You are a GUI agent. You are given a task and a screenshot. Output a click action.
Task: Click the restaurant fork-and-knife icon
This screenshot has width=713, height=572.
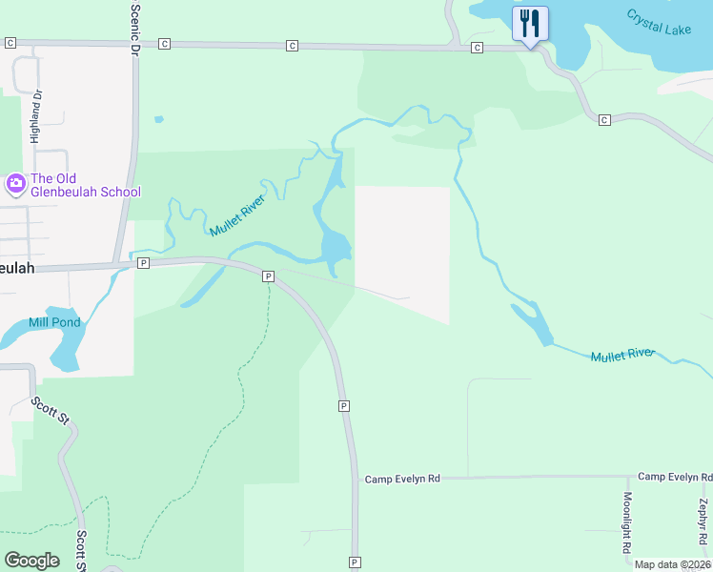point(530,22)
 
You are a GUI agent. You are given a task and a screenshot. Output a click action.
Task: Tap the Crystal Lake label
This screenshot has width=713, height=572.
point(659,22)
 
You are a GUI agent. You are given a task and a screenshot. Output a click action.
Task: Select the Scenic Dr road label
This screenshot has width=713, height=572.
point(134,27)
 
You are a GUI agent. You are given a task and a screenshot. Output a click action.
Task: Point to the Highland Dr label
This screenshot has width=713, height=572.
point(37,116)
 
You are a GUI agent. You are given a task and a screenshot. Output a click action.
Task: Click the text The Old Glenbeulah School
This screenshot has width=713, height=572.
point(86,185)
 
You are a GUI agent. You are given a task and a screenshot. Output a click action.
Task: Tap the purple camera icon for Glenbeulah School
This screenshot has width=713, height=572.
point(15,183)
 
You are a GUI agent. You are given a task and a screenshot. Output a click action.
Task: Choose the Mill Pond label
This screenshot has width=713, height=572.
point(55,322)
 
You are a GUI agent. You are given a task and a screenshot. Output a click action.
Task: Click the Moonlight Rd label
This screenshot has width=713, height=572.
point(627,522)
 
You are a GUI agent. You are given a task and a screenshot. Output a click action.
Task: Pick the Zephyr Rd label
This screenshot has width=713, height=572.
point(703,527)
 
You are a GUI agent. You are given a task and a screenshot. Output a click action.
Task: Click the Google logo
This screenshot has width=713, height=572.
point(31,561)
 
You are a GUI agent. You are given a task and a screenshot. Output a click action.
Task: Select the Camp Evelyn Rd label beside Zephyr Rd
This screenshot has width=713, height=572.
point(675,476)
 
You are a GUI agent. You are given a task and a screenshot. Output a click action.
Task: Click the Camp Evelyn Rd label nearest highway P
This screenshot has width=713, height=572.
point(402,479)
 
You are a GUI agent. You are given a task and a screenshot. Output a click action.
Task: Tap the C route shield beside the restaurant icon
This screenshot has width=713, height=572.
point(477,48)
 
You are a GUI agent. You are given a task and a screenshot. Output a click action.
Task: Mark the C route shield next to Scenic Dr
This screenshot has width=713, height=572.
point(165,44)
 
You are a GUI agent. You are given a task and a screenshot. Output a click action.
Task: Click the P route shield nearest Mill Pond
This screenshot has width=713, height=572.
point(142,262)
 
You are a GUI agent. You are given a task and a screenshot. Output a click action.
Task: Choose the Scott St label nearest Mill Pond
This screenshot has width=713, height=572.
point(50,413)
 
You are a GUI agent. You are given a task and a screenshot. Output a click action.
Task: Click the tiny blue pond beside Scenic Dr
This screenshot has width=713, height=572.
point(158,120)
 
